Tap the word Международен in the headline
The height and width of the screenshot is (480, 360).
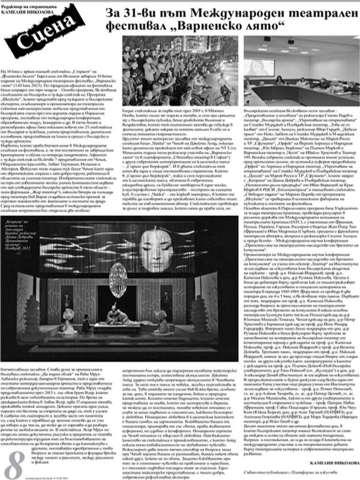[x=221, y=13]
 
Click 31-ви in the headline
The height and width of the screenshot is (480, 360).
[x=141, y=13]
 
